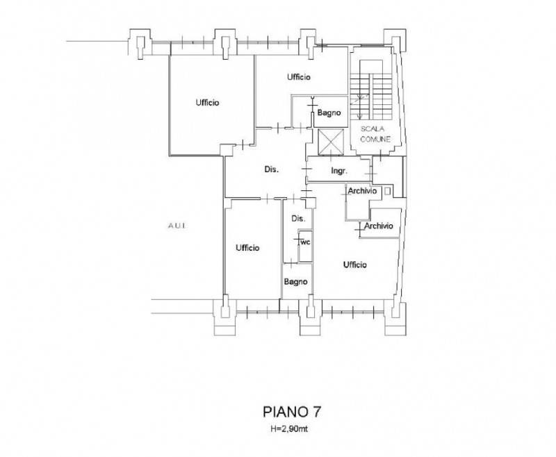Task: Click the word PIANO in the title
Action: (x=285, y=412)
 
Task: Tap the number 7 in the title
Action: (x=317, y=412)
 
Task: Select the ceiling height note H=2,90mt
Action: (x=289, y=429)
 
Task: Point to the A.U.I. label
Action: (x=177, y=226)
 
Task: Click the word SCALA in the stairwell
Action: (x=373, y=129)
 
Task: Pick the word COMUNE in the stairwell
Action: (x=375, y=139)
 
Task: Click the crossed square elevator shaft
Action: (x=331, y=142)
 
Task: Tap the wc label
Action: (x=305, y=242)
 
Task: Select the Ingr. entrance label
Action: (x=339, y=171)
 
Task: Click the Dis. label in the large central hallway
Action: (x=272, y=169)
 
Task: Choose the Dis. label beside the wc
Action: (x=298, y=219)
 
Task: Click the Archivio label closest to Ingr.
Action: (x=362, y=191)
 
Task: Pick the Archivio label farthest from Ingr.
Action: (x=379, y=226)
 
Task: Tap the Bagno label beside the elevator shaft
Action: (x=329, y=113)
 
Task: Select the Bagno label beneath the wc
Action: (x=296, y=282)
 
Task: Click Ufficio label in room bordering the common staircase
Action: (x=299, y=77)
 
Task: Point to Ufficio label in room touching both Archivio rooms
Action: (x=355, y=265)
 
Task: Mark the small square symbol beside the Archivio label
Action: (x=387, y=191)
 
